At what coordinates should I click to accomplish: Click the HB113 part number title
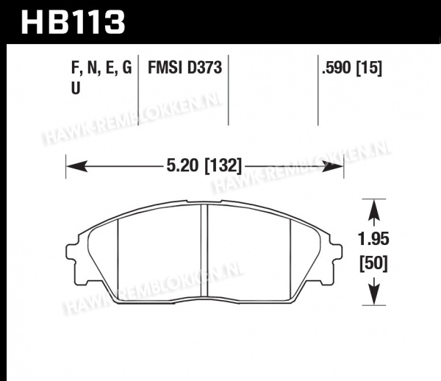click(x=73, y=23)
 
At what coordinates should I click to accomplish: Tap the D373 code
click(x=204, y=68)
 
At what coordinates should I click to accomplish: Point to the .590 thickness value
click(x=337, y=68)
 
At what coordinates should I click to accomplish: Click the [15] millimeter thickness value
click(x=369, y=68)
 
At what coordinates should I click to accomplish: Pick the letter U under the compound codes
click(x=76, y=88)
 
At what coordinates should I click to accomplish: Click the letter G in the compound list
click(x=127, y=68)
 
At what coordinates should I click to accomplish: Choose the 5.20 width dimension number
click(x=182, y=165)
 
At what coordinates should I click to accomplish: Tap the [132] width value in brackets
click(x=223, y=165)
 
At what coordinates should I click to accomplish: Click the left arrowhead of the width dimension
click(x=76, y=166)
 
